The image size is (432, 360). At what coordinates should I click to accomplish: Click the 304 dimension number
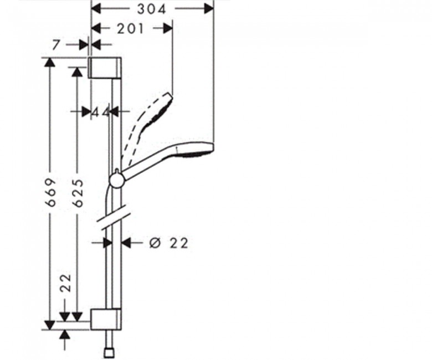(x=152, y=9)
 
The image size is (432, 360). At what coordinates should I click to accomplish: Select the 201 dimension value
(x=131, y=29)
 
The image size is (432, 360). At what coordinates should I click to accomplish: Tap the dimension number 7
(x=56, y=45)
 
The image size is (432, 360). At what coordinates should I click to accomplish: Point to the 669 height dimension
(x=52, y=192)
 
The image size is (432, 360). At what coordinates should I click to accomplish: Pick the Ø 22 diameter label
(x=168, y=243)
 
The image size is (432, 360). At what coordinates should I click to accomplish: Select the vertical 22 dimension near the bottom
(x=66, y=283)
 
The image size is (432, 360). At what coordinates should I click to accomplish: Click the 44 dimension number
(x=101, y=112)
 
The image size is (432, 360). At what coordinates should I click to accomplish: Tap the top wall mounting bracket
(x=105, y=68)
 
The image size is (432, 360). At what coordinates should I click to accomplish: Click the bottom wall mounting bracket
(x=106, y=319)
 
